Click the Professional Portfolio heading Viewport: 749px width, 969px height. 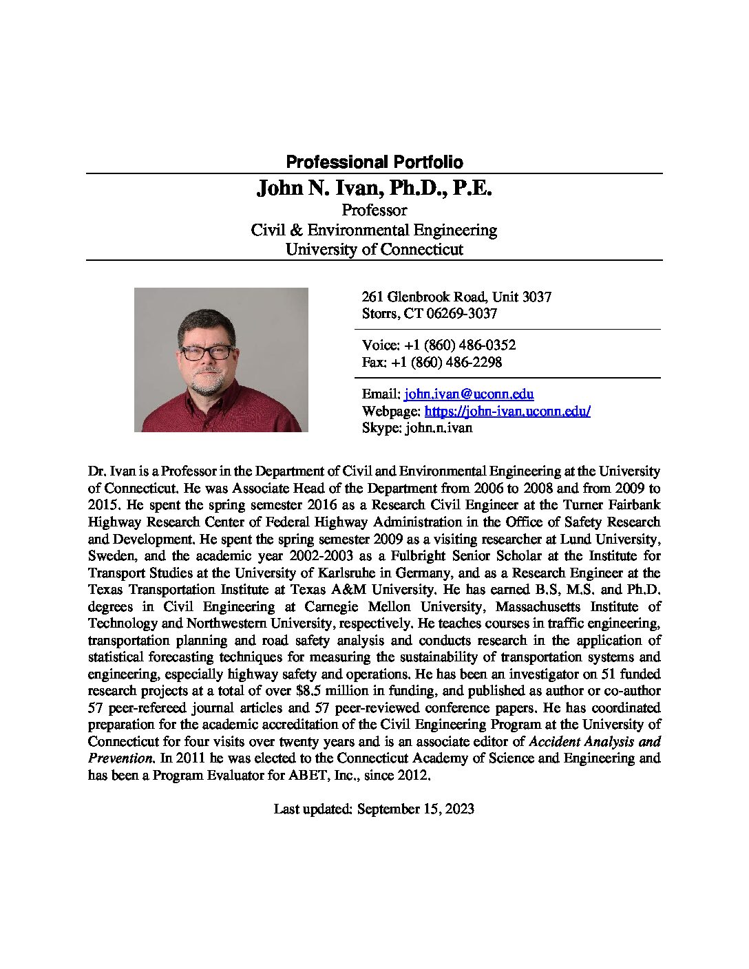pos(374,162)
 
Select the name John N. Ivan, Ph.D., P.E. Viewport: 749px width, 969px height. pos(374,188)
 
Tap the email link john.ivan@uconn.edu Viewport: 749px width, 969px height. pos(469,394)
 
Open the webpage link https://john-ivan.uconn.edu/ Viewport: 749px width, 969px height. pos(507,412)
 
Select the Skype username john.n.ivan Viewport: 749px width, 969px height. pos(439,428)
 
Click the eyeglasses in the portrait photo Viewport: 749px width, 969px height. pos(207,352)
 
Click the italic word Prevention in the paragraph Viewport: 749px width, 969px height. pos(120,758)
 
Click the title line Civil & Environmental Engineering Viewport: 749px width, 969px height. pos(374,230)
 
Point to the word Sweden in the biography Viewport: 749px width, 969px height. pos(107,556)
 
